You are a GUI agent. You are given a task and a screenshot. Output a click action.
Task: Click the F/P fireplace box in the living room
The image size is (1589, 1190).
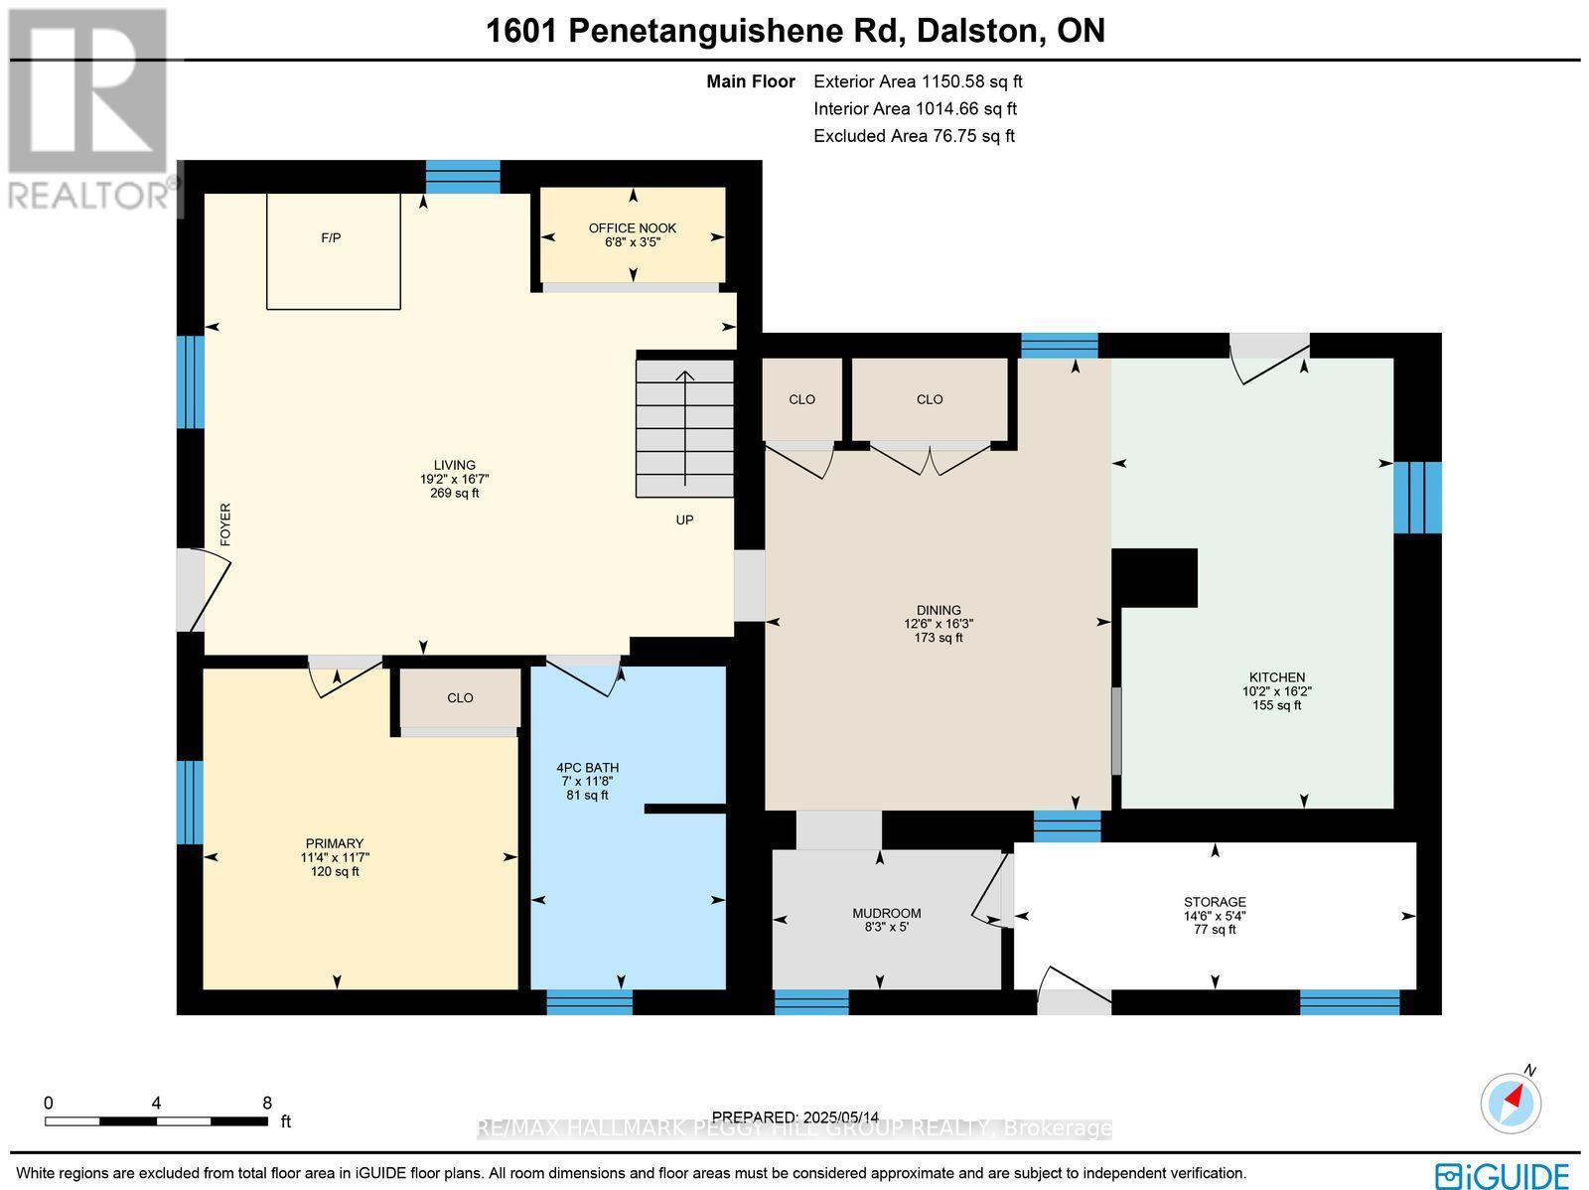333,250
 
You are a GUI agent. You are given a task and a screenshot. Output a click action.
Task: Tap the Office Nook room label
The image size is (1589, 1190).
632,228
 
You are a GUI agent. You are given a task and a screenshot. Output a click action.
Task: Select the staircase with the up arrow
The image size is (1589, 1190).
684,428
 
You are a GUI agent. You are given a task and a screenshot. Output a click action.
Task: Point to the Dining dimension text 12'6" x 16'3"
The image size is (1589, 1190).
939,624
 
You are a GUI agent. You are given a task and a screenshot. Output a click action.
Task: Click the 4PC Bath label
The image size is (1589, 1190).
587,768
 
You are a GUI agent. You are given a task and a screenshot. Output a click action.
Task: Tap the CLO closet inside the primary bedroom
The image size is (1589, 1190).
460,698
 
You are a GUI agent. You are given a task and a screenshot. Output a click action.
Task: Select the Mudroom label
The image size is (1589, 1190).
886,913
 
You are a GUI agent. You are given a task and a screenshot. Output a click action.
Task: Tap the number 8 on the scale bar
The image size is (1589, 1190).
266,1103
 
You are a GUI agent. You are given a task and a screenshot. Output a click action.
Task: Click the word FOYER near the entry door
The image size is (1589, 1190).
225,524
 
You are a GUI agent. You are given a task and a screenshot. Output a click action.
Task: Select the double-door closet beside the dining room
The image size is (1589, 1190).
930,400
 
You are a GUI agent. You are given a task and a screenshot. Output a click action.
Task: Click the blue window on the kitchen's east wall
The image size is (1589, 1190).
1417,497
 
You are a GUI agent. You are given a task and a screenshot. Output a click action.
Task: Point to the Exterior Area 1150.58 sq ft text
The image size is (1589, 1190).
918,82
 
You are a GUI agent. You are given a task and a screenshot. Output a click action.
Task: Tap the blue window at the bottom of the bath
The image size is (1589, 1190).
589,1002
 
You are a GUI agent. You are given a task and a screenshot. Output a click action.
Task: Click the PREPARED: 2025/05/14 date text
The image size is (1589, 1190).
795,1116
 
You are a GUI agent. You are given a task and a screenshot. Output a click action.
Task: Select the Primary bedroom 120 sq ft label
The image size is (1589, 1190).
335,872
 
